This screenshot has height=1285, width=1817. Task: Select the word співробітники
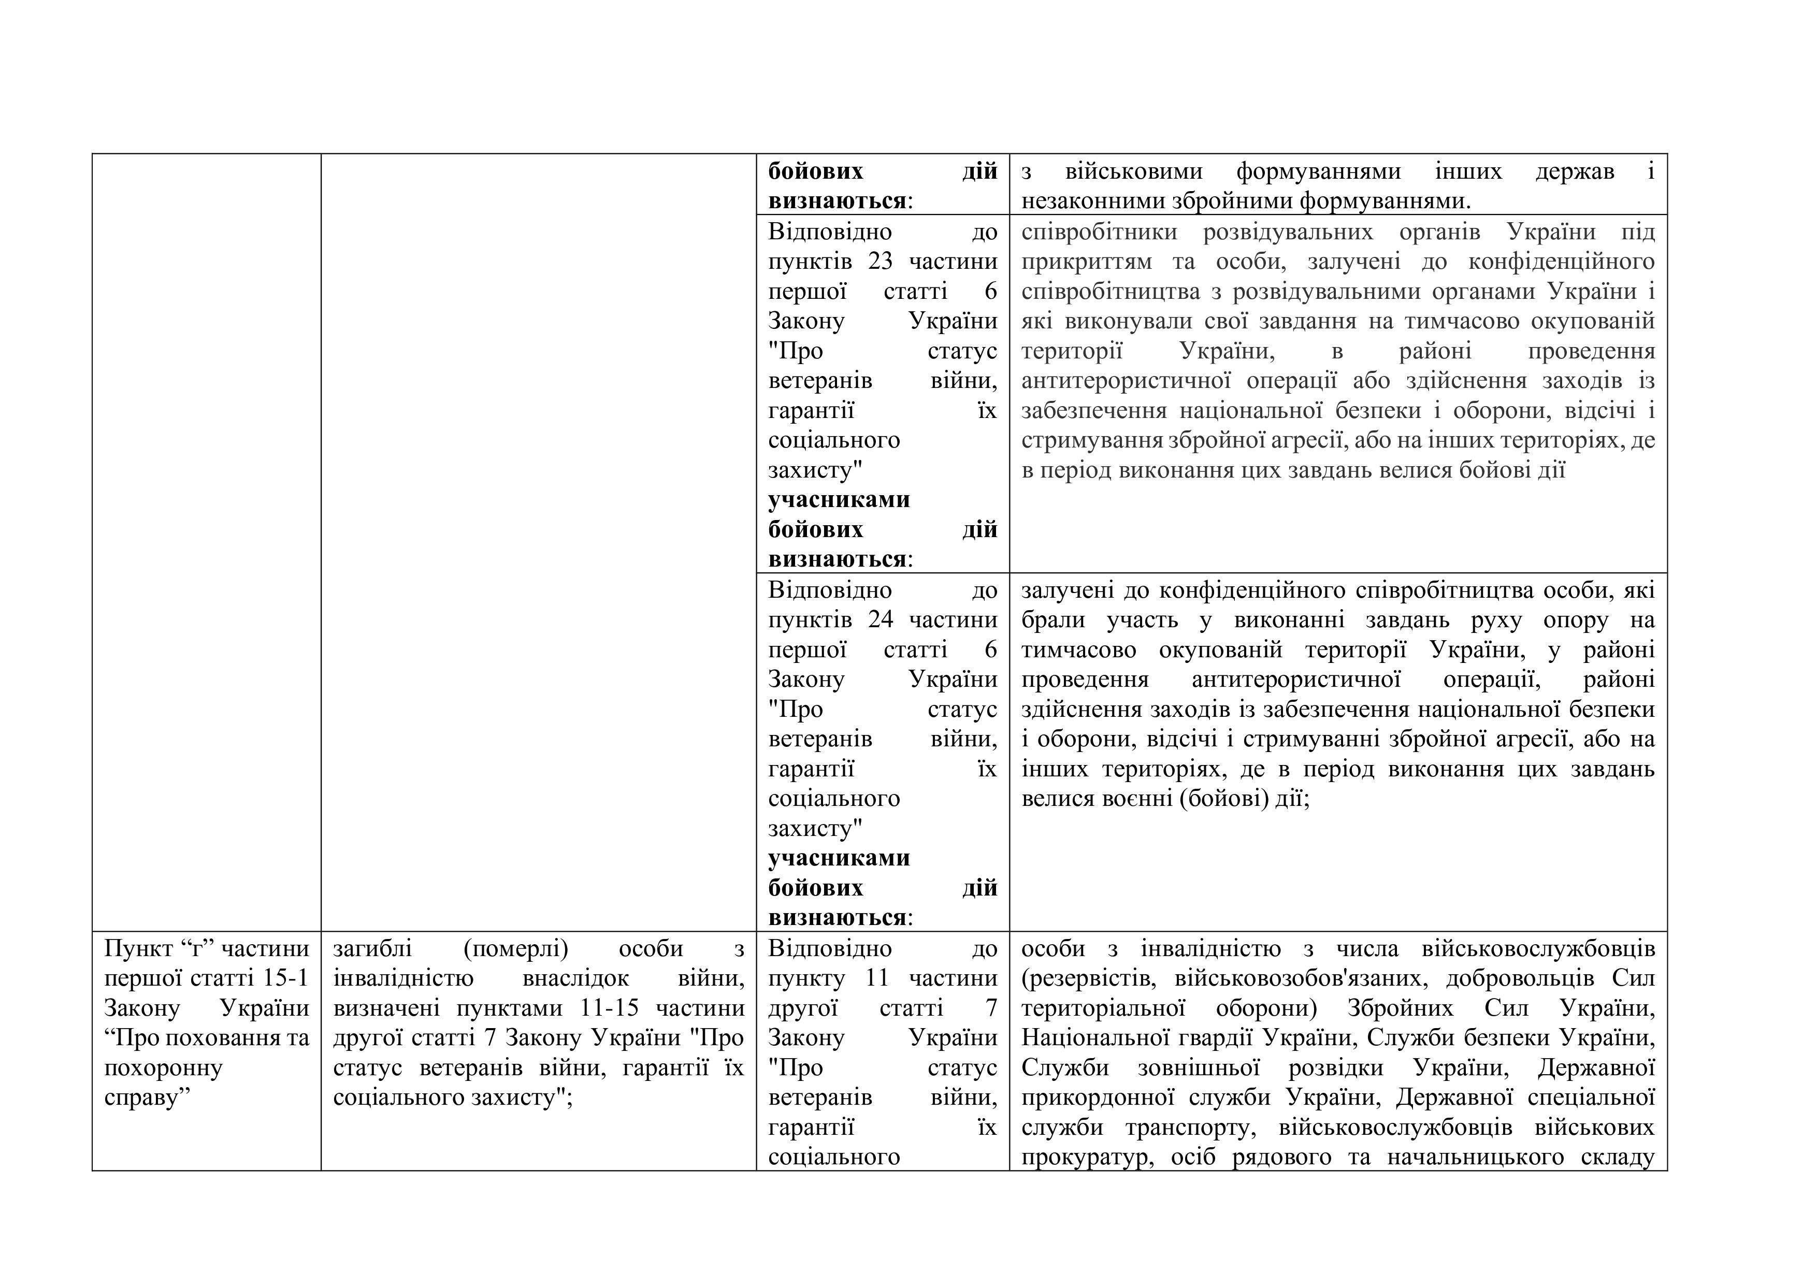[1099, 233]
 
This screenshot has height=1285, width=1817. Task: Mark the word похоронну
[164, 1068]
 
